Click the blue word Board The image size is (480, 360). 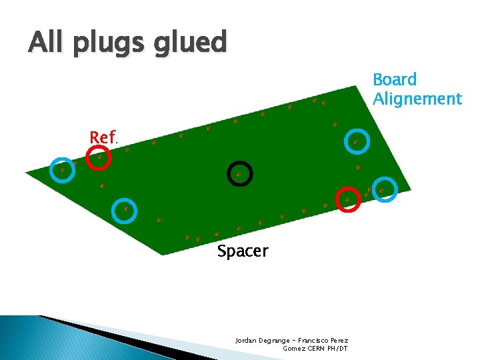click(395, 79)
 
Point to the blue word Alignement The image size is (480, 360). click(417, 99)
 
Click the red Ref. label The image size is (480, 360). click(103, 137)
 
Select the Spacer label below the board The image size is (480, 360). click(242, 251)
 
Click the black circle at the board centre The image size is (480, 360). click(239, 174)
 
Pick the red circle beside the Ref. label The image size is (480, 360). click(99, 157)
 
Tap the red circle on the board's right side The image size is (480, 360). click(347, 199)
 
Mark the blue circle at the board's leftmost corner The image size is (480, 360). click(63, 169)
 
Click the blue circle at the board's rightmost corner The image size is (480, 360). click(384, 189)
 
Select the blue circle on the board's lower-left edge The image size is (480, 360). click(125, 210)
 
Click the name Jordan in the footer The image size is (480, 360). click(245, 340)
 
